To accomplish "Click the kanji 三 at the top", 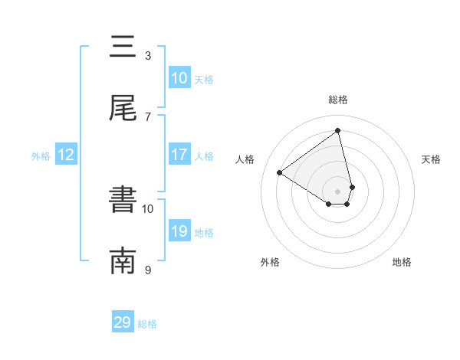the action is pyautogui.click(x=123, y=47).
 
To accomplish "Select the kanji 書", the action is pyautogui.click(x=123, y=201).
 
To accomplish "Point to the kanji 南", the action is pyautogui.click(x=123, y=261).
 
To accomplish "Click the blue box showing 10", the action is pyautogui.click(x=179, y=78).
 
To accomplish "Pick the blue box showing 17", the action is pyautogui.click(x=179, y=155).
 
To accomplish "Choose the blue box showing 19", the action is pyautogui.click(x=179, y=231).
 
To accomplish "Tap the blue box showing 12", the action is pyautogui.click(x=66, y=155).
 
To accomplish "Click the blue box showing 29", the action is pyautogui.click(x=123, y=322).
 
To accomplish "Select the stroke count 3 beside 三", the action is pyautogui.click(x=148, y=55).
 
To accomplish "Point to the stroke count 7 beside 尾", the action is pyautogui.click(x=148, y=116).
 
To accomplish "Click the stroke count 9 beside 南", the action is pyautogui.click(x=148, y=270).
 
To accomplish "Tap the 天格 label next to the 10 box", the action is pyautogui.click(x=204, y=79).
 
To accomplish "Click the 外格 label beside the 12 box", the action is pyautogui.click(x=41, y=155).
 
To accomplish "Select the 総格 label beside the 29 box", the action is pyautogui.click(x=147, y=323).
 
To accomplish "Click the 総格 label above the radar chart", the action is pyautogui.click(x=338, y=100).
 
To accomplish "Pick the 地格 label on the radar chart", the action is pyautogui.click(x=402, y=262).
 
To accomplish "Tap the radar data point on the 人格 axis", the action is pyautogui.click(x=280, y=172).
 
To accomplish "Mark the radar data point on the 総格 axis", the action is pyautogui.click(x=338, y=131).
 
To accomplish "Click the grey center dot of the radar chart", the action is pyautogui.click(x=338, y=191).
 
